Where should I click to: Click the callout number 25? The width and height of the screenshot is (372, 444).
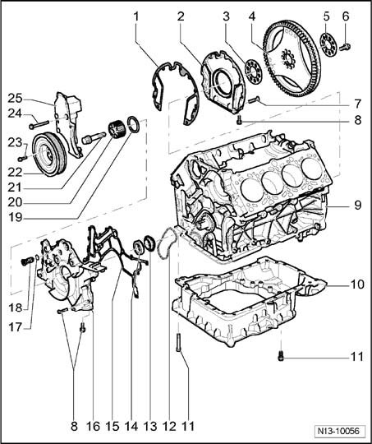(15, 99)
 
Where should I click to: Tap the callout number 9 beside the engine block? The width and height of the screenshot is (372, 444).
(358, 205)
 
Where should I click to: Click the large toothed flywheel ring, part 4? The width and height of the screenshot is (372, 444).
(292, 59)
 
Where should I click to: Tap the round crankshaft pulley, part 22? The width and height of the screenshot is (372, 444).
(49, 155)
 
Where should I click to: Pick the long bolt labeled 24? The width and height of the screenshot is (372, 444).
(39, 125)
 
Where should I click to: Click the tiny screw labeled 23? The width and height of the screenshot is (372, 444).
(22, 158)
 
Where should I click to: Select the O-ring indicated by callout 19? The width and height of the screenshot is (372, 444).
(133, 125)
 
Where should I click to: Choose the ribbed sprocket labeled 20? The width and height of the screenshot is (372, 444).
(117, 130)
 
